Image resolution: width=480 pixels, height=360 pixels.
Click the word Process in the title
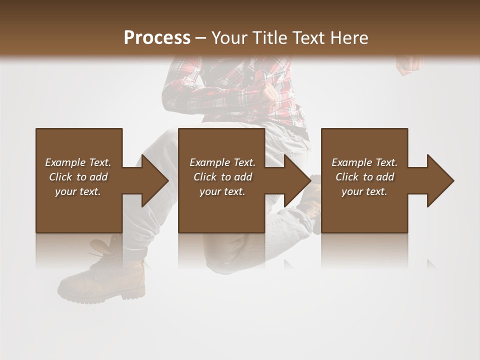[157, 38]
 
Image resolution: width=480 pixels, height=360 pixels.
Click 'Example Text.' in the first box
[78, 162]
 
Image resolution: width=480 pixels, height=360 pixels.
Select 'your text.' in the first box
[78, 191]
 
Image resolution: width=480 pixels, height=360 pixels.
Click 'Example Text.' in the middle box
[222, 162]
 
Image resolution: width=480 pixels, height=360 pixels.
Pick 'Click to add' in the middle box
[222, 177]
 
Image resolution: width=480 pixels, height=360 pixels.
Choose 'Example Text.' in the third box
[364, 162]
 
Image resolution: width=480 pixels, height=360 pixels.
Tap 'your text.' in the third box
[364, 191]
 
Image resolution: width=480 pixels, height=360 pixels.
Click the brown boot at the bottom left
[107, 280]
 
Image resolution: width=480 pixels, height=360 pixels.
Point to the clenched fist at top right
[409, 63]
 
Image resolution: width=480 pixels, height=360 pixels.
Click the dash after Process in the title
[201, 38]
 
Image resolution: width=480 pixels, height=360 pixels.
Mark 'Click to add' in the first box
[78, 177]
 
